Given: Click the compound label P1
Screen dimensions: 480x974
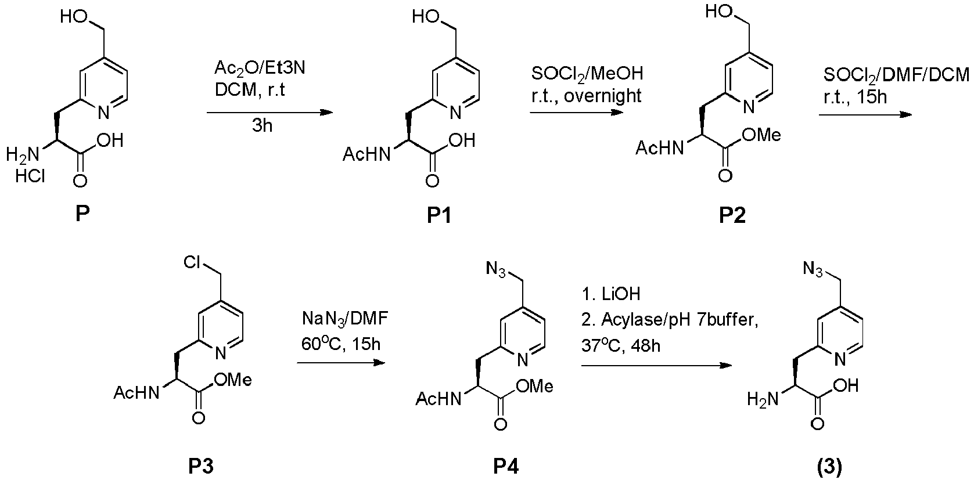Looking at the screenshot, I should pos(439,217).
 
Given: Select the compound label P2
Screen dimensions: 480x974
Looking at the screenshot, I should pos(732,216).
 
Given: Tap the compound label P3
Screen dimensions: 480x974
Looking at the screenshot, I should pos(200,465).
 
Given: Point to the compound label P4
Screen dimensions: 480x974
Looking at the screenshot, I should pos(505,465).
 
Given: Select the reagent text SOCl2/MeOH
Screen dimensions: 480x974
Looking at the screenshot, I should pos(587,74).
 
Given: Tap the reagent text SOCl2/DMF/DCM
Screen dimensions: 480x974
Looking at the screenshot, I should pos(896,75).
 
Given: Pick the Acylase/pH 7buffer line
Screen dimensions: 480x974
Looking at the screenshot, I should pos(670,320).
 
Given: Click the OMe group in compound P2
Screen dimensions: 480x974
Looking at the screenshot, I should pos(762,135).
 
